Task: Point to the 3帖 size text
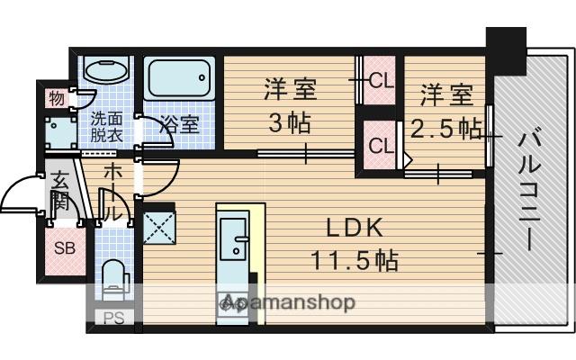tap(290, 121)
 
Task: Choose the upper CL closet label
tap(381, 81)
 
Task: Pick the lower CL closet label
tap(380, 144)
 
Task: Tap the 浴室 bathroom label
tap(180, 124)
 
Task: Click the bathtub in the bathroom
tap(179, 83)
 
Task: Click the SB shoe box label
tap(63, 248)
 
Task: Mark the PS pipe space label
tap(113, 317)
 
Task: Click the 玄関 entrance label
tap(58, 191)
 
